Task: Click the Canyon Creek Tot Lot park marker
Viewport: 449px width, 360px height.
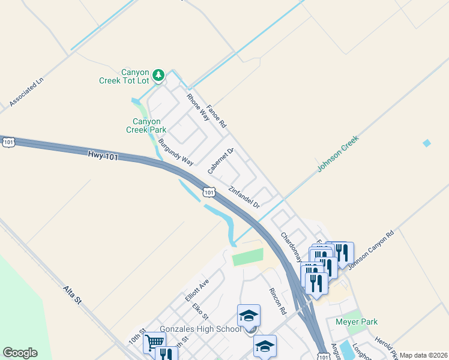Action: click(x=158, y=76)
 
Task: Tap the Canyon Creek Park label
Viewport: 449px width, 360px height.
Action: click(x=146, y=125)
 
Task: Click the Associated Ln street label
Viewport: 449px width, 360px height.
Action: click(x=27, y=92)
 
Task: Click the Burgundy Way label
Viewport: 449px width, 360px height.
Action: click(x=176, y=152)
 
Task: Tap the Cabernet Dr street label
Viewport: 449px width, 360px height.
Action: click(x=220, y=161)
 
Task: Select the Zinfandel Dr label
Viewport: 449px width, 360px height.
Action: click(x=244, y=197)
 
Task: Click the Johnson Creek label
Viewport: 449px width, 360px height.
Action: click(x=337, y=154)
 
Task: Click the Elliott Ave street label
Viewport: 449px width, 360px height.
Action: click(x=196, y=289)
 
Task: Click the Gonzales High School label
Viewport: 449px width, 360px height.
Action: click(x=200, y=329)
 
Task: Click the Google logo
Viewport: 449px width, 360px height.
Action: click(x=20, y=353)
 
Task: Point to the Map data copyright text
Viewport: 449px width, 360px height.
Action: click(x=423, y=355)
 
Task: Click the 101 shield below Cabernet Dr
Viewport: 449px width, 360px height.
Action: click(x=208, y=192)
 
